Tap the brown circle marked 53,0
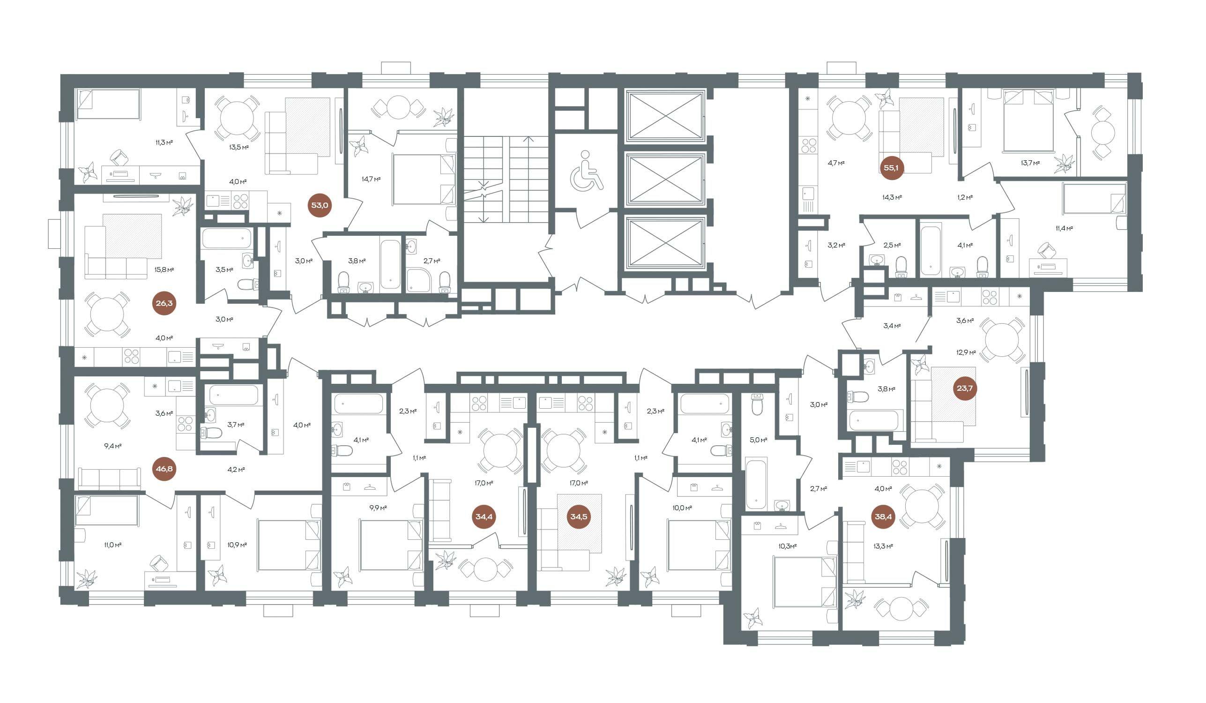tap(320, 205)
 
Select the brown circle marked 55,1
tap(891, 167)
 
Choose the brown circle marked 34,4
tap(484, 517)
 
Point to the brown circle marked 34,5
tap(579, 517)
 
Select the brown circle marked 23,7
tap(964, 388)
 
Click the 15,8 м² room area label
tap(164, 270)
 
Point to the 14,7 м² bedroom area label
tap(371, 179)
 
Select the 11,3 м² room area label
tap(163, 142)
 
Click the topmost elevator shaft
tap(665, 117)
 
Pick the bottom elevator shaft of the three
tap(665, 245)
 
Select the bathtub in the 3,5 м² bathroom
tap(226, 238)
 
